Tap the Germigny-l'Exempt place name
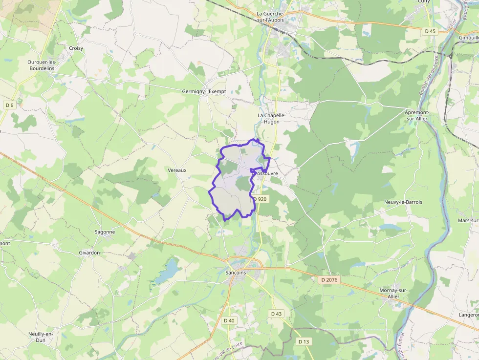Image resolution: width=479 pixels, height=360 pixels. click(204, 91)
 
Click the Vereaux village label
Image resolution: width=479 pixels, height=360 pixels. click(177, 170)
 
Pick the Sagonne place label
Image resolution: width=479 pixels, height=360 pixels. click(105, 232)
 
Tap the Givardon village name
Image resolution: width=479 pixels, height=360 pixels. click(89, 253)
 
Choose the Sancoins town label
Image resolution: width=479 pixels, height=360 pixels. click(236, 273)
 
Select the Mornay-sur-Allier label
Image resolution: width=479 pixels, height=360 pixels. click(393, 293)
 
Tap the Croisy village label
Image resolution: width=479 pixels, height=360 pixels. click(76, 48)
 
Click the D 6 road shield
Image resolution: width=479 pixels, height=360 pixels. click(9, 105)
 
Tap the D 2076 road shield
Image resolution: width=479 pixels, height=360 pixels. click(328, 280)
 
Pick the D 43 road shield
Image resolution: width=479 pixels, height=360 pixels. click(276, 314)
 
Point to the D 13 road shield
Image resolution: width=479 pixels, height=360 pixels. click(304, 341)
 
